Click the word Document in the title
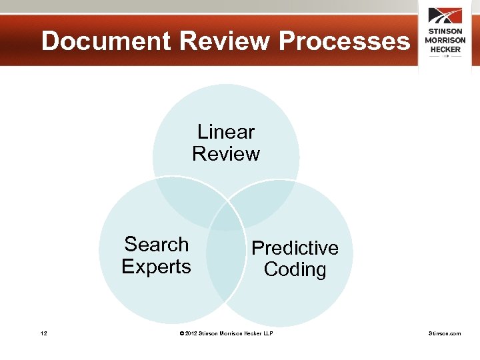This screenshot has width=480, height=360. click(106, 41)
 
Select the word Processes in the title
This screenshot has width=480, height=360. click(344, 41)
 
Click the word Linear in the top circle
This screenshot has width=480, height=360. click(226, 131)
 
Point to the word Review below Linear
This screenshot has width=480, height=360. click(226, 154)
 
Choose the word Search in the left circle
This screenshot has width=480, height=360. click(157, 245)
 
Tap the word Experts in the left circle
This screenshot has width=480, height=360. click(157, 267)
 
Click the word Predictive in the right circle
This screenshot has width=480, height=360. click(295, 248)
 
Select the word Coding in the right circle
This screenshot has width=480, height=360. click(295, 270)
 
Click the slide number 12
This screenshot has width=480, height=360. click(43, 333)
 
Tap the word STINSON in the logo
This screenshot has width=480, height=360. click(445, 31)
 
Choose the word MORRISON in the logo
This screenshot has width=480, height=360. click(445, 40)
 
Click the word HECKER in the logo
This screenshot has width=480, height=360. click(445, 48)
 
